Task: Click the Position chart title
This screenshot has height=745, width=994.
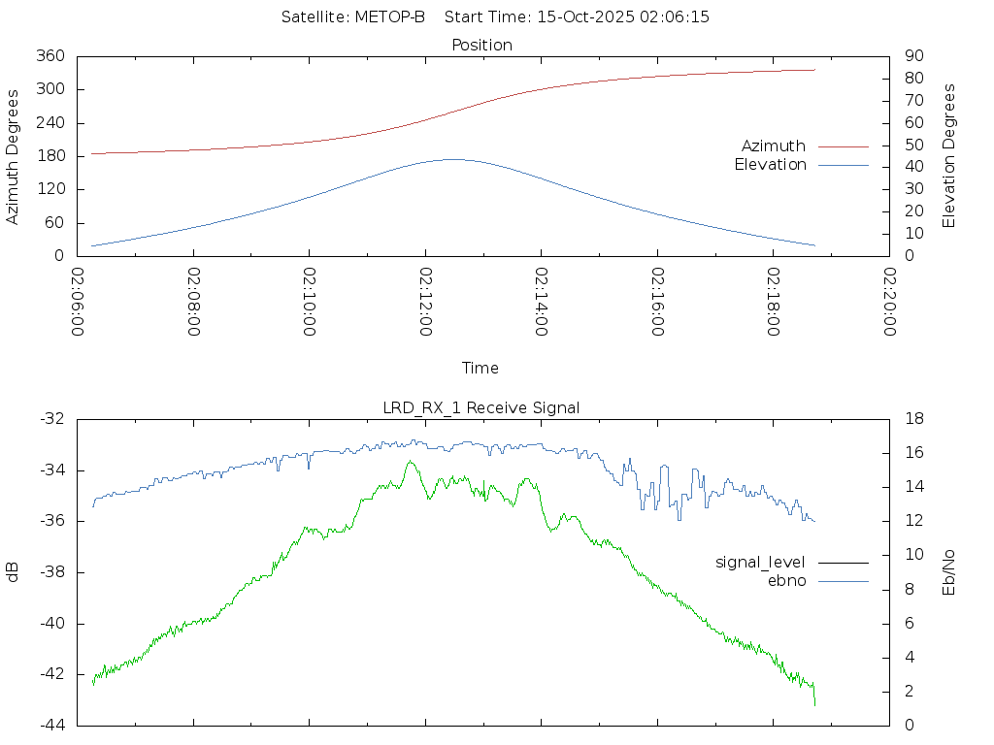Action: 482,45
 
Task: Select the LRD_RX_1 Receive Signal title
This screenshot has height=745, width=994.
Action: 481,407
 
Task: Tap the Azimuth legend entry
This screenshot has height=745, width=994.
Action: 774,146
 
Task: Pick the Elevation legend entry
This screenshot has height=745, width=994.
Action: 770,165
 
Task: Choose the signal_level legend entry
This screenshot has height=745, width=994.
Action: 760,562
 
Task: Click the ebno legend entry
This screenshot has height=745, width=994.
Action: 787,580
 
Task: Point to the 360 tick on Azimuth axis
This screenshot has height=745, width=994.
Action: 50,56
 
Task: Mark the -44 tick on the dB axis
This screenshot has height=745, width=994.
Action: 51,725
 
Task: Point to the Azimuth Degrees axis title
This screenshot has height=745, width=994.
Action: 14,156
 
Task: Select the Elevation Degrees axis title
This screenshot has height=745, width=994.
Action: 949,156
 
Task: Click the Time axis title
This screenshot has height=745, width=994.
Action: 480,369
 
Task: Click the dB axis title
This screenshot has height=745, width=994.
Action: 14,572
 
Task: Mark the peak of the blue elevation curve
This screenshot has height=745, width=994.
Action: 453,159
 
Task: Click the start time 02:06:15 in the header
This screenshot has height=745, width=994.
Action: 674,17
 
